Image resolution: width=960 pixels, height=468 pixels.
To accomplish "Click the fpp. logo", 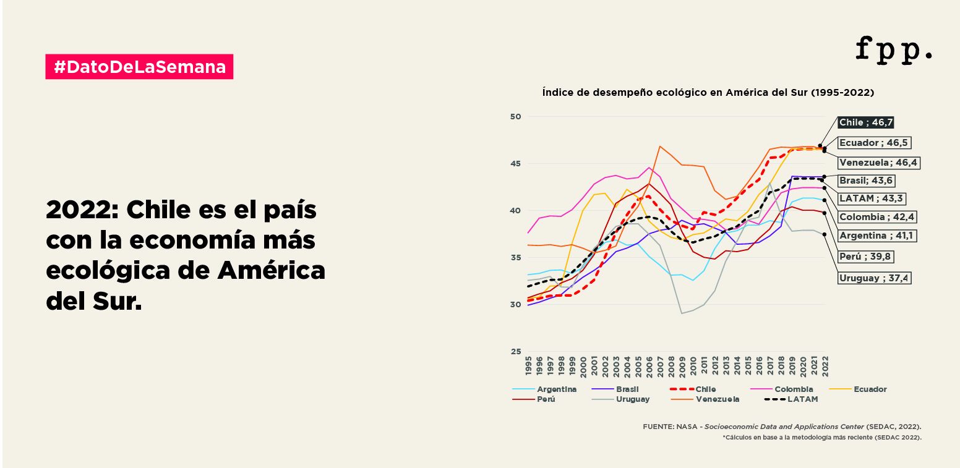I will (x=894, y=49).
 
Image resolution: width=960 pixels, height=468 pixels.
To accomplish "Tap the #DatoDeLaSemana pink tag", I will (x=139, y=67).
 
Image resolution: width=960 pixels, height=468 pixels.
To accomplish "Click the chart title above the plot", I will (x=708, y=93).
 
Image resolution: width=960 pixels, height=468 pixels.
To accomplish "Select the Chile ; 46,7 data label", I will (x=866, y=122).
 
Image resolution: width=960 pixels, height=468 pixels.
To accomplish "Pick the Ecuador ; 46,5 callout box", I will (x=874, y=143).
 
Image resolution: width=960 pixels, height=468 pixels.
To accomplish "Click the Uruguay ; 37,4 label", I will (x=874, y=278).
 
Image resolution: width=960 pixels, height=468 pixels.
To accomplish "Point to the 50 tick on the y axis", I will (x=515, y=117).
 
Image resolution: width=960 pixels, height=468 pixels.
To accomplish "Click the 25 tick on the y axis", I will (x=515, y=352).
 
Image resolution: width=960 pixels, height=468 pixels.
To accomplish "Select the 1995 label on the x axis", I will (x=528, y=365).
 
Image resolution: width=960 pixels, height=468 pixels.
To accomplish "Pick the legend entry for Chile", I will (x=705, y=389).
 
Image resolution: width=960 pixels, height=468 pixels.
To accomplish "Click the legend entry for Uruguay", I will (x=632, y=399).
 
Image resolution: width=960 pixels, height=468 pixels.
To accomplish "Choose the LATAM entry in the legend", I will (x=802, y=399).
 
